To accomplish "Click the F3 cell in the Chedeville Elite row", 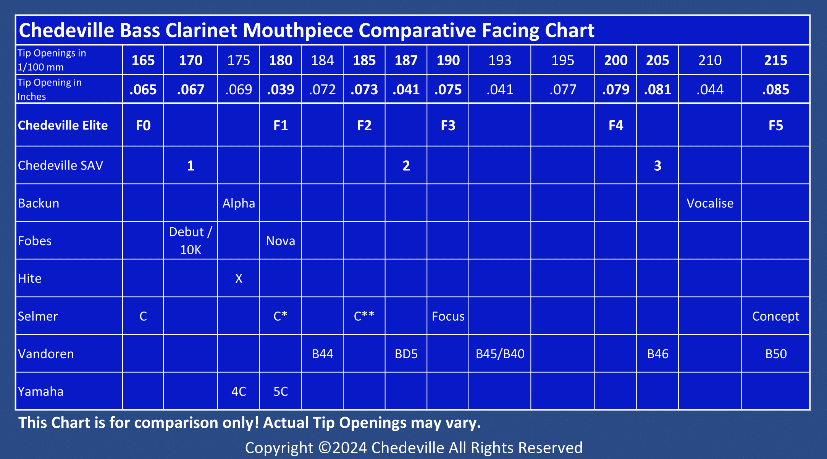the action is (448, 126).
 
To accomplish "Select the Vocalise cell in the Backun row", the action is (710, 203).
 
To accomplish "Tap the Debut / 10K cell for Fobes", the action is (191, 241).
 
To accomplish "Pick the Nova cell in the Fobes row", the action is (280, 241).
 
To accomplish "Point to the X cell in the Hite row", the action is (239, 278).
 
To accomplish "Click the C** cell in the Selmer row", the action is (364, 316).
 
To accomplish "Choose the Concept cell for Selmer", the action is (775, 316).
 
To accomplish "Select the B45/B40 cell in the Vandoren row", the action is (500, 354).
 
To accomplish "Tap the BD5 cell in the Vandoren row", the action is (406, 354).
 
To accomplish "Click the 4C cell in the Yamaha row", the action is (239, 391).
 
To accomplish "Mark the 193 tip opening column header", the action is (500, 60).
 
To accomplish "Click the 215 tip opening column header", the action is (775, 60).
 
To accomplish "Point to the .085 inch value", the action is (775, 90).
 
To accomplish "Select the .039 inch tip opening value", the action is (280, 90).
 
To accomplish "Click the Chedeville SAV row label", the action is (60, 165).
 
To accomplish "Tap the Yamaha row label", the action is (40, 391).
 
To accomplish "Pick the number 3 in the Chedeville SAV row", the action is (657, 166).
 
